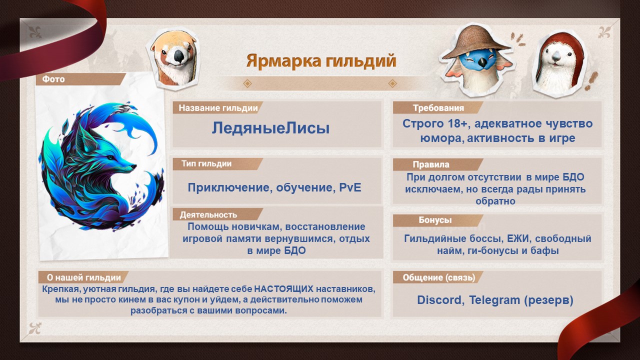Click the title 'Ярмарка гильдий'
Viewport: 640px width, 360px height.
(321, 61)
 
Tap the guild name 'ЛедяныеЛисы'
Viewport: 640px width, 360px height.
(270, 128)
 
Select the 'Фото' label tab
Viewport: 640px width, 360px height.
(53, 79)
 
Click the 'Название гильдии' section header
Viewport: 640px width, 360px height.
(218, 108)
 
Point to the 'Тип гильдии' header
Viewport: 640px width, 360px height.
(206, 163)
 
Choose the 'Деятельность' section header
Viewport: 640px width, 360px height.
(208, 214)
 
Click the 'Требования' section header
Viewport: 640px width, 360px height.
(438, 108)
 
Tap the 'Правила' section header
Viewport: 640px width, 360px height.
(431, 164)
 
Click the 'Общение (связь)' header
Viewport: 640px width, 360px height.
(439, 277)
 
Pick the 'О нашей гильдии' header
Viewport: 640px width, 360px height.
(83, 277)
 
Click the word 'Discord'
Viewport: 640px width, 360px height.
(439, 300)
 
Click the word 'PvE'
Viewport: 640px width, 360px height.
(350, 187)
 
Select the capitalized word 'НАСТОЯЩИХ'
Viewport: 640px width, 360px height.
(283, 289)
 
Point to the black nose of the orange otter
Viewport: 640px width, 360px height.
(179, 55)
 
